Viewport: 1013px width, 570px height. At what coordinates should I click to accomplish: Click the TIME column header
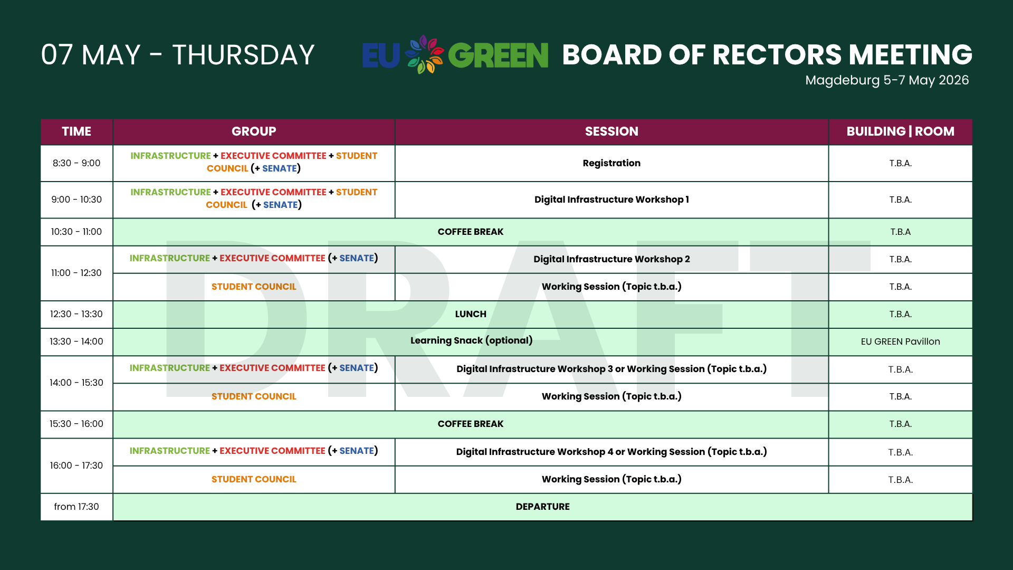tap(77, 131)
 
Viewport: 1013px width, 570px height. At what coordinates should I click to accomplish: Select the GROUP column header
tap(254, 131)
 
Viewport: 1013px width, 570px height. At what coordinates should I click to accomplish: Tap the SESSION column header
tap(611, 131)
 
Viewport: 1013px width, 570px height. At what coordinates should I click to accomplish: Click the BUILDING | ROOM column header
tap(900, 131)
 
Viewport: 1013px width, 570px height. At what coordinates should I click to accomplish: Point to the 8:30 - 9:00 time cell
tap(77, 163)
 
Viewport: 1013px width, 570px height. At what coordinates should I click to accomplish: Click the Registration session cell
tap(611, 163)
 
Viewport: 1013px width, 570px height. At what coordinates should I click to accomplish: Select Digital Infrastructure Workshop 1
tap(611, 199)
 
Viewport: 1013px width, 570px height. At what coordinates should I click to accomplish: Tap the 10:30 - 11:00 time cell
tap(77, 232)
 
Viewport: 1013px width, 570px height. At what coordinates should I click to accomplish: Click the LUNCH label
tap(471, 314)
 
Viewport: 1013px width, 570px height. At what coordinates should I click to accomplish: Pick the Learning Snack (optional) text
tap(471, 340)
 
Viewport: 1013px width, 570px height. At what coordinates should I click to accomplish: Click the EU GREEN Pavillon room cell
tap(900, 341)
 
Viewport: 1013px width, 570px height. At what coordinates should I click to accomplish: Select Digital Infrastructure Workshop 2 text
tap(611, 259)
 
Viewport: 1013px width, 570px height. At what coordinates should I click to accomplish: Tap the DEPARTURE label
tap(542, 507)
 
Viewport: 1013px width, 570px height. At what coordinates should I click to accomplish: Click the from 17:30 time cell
tap(77, 507)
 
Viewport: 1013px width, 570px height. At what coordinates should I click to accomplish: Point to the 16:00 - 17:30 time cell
tap(77, 465)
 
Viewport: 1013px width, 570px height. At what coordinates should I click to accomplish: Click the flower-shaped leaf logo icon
tap(424, 54)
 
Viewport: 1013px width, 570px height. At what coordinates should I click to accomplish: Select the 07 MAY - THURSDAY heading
tap(178, 55)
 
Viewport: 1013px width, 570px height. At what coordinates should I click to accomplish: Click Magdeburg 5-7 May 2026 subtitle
tap(887, 80)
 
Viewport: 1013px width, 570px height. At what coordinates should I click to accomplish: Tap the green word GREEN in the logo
tap(498, 55)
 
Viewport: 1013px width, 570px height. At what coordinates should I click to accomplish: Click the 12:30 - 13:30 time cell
tap(77, 314)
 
